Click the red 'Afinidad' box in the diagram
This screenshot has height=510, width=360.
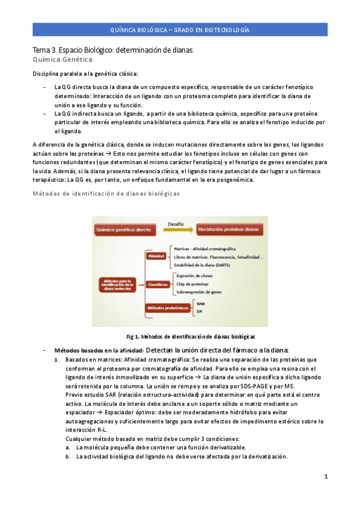(153, 256)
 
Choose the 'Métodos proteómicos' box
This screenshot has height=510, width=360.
(166, 308)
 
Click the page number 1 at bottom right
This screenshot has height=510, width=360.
(325, 477)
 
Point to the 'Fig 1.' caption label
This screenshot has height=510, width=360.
(133, 336)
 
